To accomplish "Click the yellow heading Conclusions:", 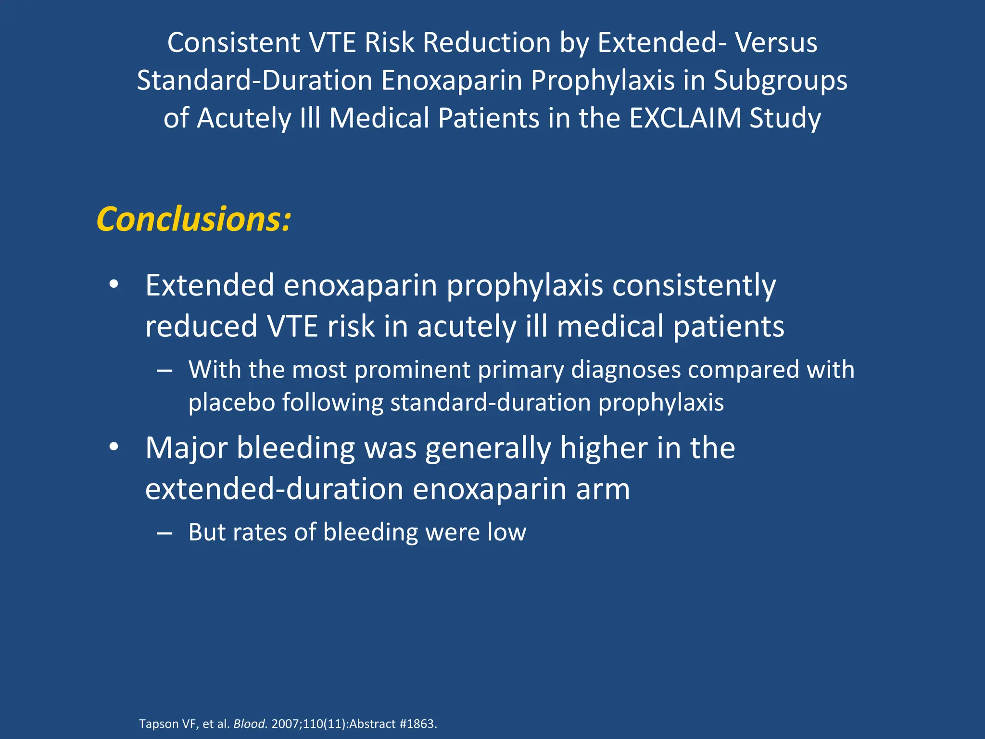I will pos(193,219).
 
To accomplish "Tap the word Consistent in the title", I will pos(234,42).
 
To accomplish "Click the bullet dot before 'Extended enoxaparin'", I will pos(114,285).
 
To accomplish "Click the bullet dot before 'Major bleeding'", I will pos(114,447).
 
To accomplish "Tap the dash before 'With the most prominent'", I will pos(164,370).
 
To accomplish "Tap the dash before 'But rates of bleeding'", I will pos(164,533).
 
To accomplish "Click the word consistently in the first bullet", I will pos(694,286).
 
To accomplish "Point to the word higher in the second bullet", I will pos(604,448).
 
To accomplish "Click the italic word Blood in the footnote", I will pos(250,724).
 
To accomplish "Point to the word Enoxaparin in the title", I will pos(452,80).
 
